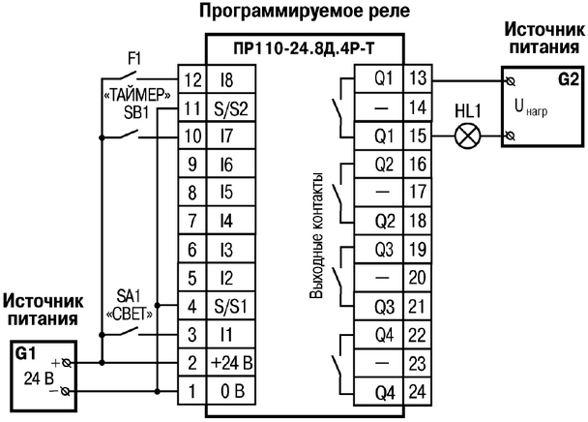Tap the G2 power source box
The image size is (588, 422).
tap(543, 105)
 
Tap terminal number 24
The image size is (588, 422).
tap(419, 393)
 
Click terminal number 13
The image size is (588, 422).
tap(419, 77)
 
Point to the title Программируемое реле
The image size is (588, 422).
tap(303, 13)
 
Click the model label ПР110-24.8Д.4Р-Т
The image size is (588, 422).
tap(303, 48)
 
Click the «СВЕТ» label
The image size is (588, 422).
tap(129, 315)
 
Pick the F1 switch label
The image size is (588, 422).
tap(134, 59)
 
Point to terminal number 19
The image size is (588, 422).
tap(419, 251)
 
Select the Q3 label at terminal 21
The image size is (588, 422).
tap(384, 308)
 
